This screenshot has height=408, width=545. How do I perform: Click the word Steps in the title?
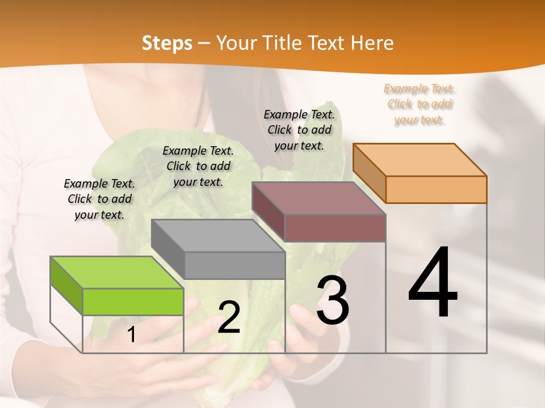(x=167, y=43)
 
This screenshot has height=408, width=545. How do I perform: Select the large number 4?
(x=433, y=283)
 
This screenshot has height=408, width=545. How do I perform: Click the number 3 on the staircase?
(x=333, y=300)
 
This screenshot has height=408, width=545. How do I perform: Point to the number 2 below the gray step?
(x=229, y=317)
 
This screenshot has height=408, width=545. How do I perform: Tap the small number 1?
(x=132, y=335)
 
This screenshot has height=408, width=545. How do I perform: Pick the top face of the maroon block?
(x=318, y=198)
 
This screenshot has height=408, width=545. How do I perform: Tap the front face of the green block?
(x=133, y=301)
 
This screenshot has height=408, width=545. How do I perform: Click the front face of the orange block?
(x=436, y=189)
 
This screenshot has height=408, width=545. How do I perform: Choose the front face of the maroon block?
(x=335, y=228)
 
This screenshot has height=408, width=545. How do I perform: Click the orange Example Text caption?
(x=420, y=104)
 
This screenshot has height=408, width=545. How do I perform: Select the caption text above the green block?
(x=99, y=199)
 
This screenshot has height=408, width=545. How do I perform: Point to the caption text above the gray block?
(x=198, y=166)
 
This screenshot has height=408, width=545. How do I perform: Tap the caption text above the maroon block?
(x=299, y=130)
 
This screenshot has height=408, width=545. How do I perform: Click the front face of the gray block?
(x=234, y=265)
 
